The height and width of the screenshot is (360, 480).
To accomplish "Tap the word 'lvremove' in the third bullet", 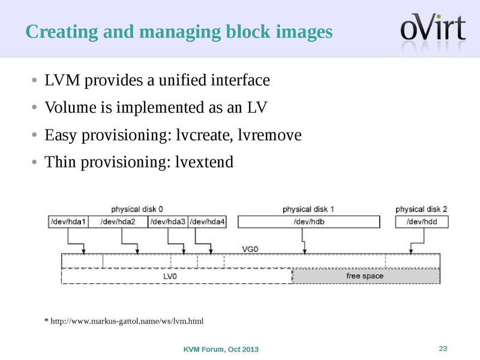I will click(x=268, y=135).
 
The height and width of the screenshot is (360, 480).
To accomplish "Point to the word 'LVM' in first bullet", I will click(x=62, y=80).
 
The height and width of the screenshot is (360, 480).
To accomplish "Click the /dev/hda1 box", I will click(x=68, y=222).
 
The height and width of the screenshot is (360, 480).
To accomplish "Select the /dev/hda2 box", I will click(x=118, y=222).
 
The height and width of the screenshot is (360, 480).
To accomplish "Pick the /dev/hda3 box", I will click(x=168, y=222).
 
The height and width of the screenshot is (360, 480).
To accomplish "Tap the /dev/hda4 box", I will click(x=208, y=222).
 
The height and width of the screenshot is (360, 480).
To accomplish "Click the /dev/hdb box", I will click(x=309, y=222).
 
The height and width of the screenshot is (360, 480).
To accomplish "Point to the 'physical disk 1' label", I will click(x=308, y=209).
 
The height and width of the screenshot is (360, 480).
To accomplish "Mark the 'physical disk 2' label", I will click(x=421, y=209).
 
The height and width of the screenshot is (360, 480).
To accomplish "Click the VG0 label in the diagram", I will click(x=250, y=248).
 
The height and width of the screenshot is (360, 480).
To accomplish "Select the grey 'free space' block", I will click(x=365, y=276).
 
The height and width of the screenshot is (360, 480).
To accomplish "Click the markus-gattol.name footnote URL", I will click(x=124, y=322).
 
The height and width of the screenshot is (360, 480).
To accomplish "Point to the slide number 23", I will click(x=443, y=349).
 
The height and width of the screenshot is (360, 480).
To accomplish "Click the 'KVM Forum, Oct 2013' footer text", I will click(x=221, y=350).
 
